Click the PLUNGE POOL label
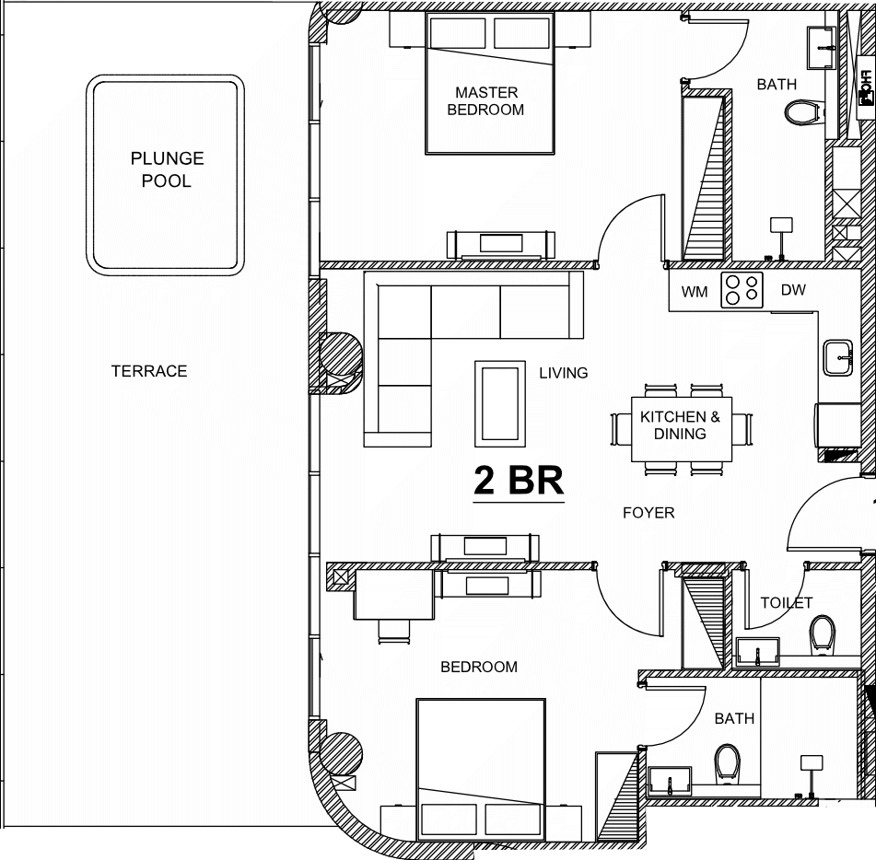[167, 169]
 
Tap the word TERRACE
[149, 371]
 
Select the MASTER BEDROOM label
[485, 101]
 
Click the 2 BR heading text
[519, 480]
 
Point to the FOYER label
[648, 513]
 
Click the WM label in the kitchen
[695, 292]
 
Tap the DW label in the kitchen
[793, 290]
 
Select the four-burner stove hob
[742, 290]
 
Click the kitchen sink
[838, 357]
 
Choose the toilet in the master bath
[803, 112]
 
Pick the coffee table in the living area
[500, 403]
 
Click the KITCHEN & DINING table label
[680, 425]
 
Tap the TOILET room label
[786, 602]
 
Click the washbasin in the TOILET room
[757, 652]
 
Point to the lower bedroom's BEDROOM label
[479, 667]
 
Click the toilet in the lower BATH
[727, 762]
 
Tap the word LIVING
[563, 373]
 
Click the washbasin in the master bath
[822, 48]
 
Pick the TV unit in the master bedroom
[501, 245]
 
